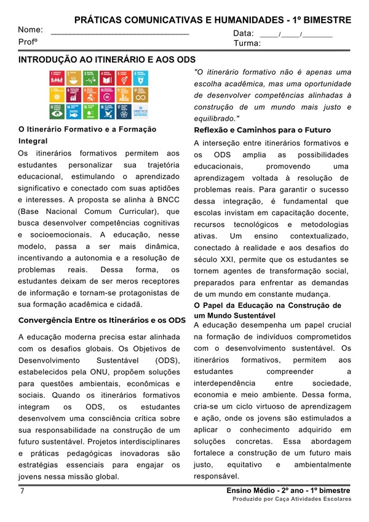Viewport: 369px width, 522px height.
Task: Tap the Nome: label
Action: [x=30, y=30]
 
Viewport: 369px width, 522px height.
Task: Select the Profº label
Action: [x=28, y=42]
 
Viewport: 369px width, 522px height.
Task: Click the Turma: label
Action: [x=247, y=44]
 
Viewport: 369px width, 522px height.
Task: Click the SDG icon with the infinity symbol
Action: [x=141, y=95]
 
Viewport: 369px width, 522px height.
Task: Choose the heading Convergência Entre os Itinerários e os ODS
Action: [x=102, y=320]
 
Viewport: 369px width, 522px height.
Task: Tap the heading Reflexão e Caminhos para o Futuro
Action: [x=263, y=130]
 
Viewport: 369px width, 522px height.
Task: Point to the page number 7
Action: [x=22, y=491]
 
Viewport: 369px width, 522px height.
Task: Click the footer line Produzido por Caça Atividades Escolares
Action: [x=292, y=499]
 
